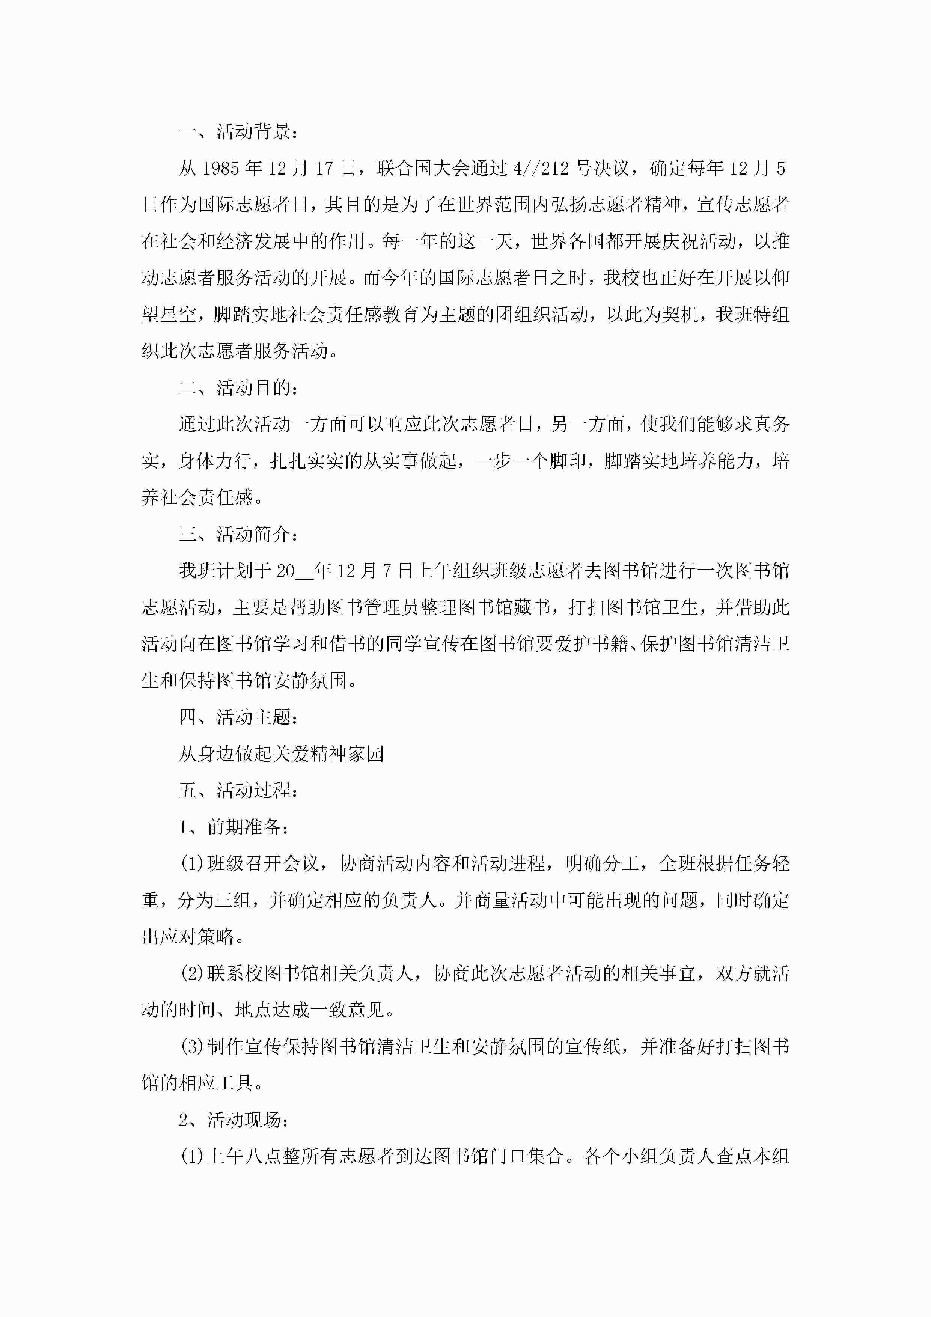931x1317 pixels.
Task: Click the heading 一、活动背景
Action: pos(238,132)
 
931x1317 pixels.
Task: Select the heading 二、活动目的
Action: pos(238,388)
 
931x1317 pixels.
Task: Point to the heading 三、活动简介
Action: pos(238,535)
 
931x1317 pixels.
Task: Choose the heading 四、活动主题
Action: pos(238,717)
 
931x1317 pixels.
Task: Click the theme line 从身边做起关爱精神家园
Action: pos(281,754)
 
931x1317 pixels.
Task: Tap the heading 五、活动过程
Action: pos(238,790)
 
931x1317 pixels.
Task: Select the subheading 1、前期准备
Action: pos(234,827)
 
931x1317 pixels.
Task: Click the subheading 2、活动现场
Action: pos(234,1120)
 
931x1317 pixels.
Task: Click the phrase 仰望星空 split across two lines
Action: pos(780,278)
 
